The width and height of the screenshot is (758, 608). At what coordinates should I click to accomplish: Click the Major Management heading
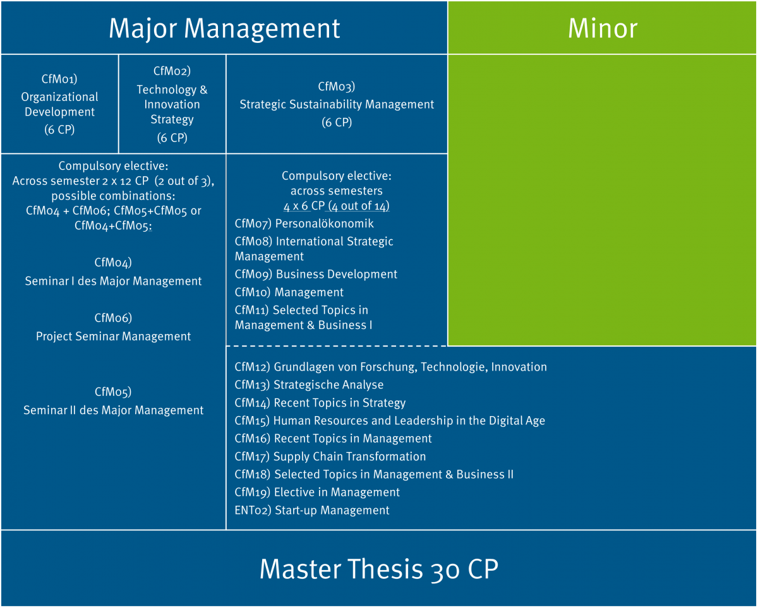tap(224, 28)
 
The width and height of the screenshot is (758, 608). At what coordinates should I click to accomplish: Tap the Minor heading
tap(602, 28)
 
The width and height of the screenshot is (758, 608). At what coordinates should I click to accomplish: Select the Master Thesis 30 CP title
tap(378, 569)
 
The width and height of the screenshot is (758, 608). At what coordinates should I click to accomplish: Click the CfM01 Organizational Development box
tap(60, 104)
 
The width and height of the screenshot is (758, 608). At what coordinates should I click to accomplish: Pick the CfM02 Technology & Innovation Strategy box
tap(172, 104)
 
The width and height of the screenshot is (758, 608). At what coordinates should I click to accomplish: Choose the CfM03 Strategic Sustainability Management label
tap(337, 104)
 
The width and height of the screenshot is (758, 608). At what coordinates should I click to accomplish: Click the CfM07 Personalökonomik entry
tap(304, 224)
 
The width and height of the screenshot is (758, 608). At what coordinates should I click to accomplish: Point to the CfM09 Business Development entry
tap(316, 274)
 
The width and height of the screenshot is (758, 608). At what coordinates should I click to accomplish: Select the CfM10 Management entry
tap(289, 292)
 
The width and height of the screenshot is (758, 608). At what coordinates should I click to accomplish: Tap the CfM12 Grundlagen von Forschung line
tap(390, 367)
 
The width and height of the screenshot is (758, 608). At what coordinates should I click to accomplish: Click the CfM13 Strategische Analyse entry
tap(309, 384)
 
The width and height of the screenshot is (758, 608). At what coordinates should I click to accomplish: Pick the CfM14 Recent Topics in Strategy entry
tap(320, 403)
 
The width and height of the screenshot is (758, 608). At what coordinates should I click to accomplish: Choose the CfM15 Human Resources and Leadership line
tap(390, 420)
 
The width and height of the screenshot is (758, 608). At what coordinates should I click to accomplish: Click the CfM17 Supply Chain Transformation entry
tap(330, 456)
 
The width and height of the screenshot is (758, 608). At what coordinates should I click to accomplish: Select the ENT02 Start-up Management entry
tap(312, 510)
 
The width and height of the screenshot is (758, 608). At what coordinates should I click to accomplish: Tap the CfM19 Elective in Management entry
tap(317, 492)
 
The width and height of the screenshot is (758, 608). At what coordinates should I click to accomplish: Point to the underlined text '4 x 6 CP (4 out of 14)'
tap(337, 206)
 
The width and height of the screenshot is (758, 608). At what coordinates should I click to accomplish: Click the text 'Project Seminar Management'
tap(113, 337)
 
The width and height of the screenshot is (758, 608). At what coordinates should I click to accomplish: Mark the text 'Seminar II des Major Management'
tap(114, 410)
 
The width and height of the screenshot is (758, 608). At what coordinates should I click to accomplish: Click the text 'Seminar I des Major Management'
tap(114, 281)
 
